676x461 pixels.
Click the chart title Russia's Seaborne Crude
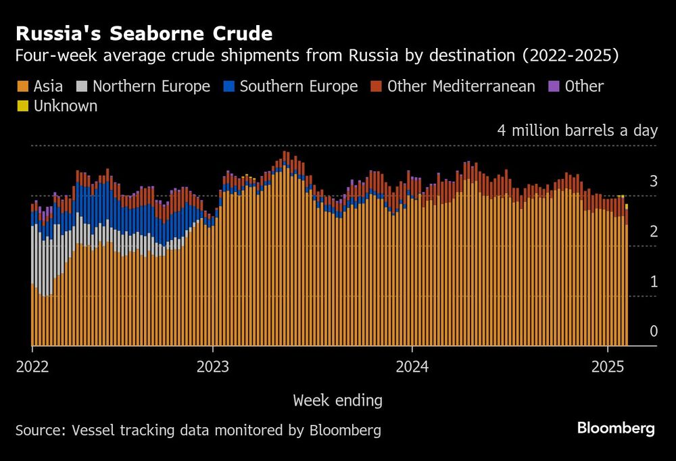tap(144, 34)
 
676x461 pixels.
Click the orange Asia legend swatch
tap(23, 87)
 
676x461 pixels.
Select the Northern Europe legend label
tap(151, 87)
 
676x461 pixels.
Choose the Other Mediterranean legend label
tap(461, 87)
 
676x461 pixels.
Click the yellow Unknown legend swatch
tap(23, 106)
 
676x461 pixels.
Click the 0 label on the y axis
tap(653, 331)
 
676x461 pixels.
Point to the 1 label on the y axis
tap(653, 281)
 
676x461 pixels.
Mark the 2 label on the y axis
tap(653, 231)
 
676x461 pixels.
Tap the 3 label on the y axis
tap(653, 180)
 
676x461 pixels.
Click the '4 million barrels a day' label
tap(577, 130)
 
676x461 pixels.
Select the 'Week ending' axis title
tap(337, 401)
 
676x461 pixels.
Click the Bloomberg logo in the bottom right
tap(616, 428)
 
